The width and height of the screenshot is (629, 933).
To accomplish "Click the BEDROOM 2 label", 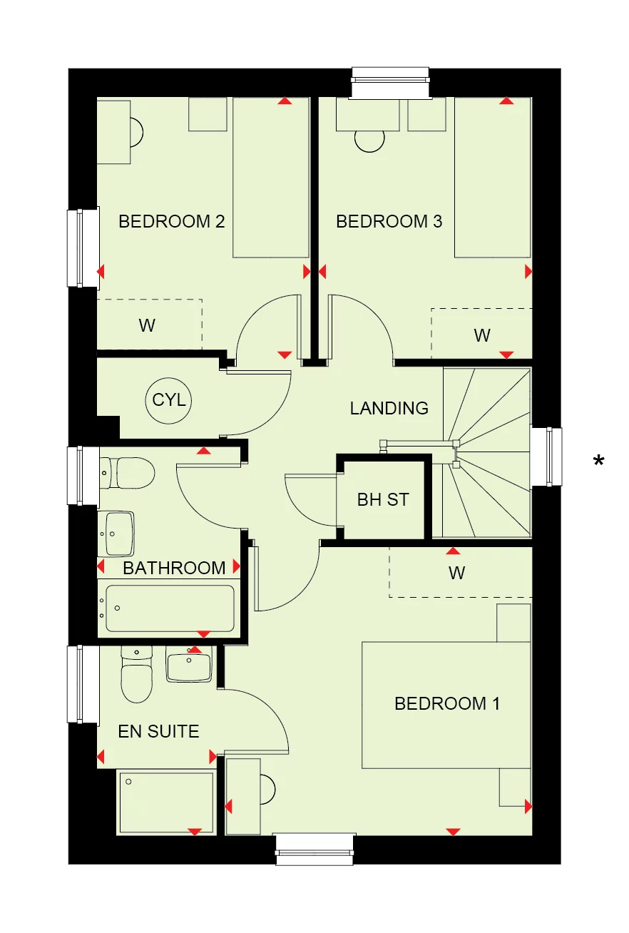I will pyautogui.click(x=171, y=222).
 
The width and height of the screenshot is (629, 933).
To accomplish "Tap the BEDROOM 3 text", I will pyautogui.click(x=389, y=222).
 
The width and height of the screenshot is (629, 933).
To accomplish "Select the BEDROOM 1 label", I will pyautogui.click(x=446, y=704).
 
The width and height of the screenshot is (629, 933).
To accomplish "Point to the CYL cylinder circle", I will pyautogui.click(x=169, y=400).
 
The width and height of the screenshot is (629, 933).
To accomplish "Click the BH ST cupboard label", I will pyautogui.click(x=383, y=500).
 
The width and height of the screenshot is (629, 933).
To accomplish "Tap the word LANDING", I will pyautogui.click(x=389, y=409).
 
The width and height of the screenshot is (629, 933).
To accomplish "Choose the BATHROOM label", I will pyautogui.click(x=174, y=569).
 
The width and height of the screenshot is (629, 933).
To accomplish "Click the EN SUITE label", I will pyautogui.click(x=158, y=731).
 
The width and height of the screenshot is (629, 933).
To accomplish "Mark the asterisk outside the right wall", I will pyautogui.click(x=598, y=462).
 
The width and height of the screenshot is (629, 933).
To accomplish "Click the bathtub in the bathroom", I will pyautogui.click(x=170, y=608).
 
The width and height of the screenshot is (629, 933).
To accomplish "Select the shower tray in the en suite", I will pyautogui.click(x=166, y=802).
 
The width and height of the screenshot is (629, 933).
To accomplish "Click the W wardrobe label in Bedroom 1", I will pyautogui.click(x=456, y=573).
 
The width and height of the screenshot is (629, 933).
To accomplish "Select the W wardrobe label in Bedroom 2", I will pyautogui.click(x=147, y=326).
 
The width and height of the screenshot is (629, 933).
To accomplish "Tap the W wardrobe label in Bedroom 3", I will pyautogui.click(x=482, y=335).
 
